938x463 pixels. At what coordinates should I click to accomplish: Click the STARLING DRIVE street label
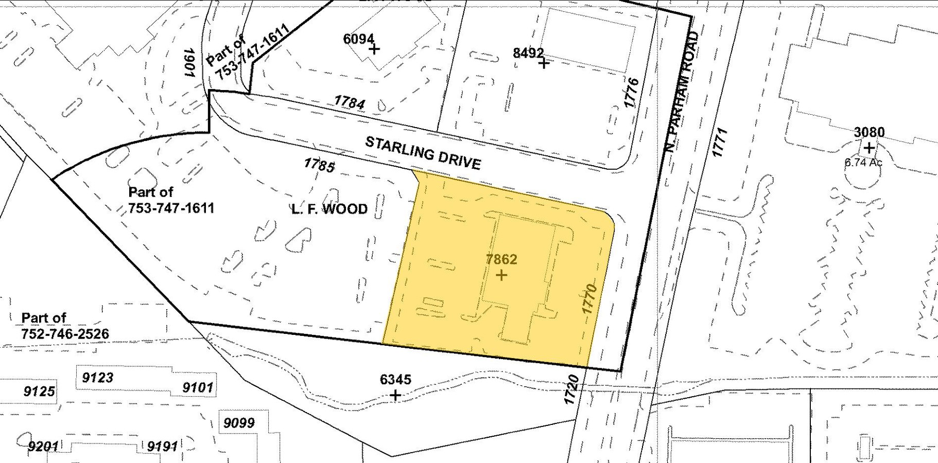[x=423, y=153]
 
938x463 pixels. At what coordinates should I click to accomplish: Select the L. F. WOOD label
[x=330, y=209]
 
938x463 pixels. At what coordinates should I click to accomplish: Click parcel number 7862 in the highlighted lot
[x=501, y=259]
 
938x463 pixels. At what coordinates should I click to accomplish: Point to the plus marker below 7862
[x=501, y=275]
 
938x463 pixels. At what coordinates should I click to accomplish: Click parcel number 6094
[x=359, y=39]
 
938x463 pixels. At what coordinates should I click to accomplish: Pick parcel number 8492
[x=528, y=53]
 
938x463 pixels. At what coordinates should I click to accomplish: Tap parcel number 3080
[x=869, y=132]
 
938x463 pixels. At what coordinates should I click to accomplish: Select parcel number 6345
[x=395, y=380]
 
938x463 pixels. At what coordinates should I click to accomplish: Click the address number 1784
[x=350, y=102]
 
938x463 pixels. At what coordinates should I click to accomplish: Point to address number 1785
[x=319, y=165]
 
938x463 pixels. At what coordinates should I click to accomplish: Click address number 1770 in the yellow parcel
[x=589, y=299]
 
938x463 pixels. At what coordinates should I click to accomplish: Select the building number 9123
[x=98, y=378]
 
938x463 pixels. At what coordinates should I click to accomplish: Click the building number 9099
[x=239, y=423]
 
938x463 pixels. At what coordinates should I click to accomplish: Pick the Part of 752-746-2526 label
[x=65, y=326]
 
